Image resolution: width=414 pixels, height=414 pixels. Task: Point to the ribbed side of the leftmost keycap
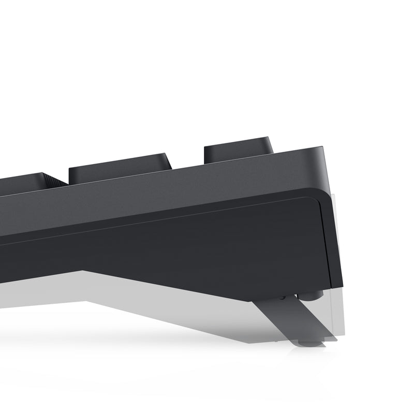(54, 181)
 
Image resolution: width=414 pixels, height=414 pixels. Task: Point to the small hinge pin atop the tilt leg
(283, 298)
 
